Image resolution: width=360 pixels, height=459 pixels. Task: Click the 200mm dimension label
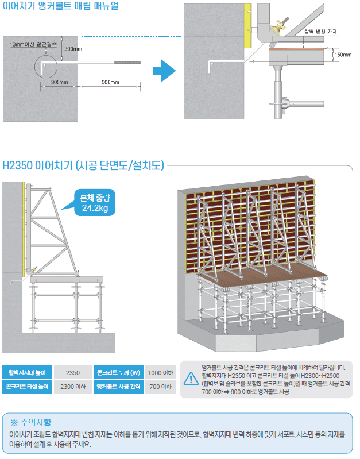[73, 49]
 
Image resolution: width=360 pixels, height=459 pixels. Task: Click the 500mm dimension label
[110, 82]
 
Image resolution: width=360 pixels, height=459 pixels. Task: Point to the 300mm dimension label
[59, 82]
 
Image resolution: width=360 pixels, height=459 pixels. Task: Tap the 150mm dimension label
[343, 55]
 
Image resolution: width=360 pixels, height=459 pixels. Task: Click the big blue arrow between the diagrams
[164, 71]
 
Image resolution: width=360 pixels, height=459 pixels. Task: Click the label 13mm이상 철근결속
[33, 44]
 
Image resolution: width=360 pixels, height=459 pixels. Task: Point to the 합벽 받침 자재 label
[320, 32]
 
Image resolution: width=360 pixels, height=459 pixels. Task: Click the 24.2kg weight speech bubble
[95, 203]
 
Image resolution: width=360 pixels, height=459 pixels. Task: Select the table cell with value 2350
[73, 373]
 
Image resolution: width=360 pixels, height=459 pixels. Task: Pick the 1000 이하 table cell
[160, 373]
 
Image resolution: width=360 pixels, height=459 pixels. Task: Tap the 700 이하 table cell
[160, 387]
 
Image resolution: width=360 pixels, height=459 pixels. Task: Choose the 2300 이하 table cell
[73, 387]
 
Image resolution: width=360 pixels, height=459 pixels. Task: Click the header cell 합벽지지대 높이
[27, 373]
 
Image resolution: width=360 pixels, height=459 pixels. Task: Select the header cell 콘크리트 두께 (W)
[118, 373]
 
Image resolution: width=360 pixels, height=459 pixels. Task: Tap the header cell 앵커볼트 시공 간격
[118, 387]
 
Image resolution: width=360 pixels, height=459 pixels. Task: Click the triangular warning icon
[191, 379]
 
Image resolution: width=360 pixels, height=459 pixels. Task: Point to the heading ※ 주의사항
[31, 422]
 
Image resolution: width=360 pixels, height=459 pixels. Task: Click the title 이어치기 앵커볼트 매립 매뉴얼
[61, 6]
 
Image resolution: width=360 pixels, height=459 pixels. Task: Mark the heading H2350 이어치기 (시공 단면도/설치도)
[83, 165]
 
